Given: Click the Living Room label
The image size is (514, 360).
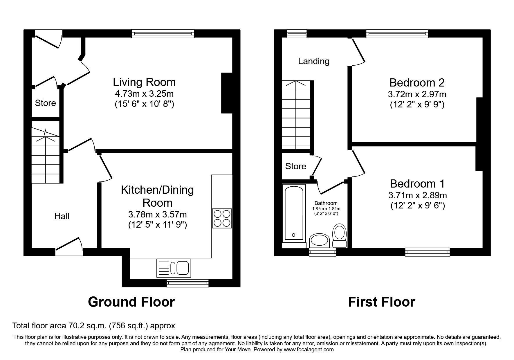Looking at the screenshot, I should point(144,82).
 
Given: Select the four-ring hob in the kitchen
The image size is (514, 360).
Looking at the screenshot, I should point(222,218).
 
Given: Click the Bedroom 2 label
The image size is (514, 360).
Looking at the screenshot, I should point(417,83).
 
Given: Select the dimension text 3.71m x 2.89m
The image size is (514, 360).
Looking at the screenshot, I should point(417,195).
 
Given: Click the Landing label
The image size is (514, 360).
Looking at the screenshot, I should point(314,61).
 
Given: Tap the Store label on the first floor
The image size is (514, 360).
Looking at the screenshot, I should point(295,166).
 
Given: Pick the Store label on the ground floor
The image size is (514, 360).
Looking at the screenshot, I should point(45,103).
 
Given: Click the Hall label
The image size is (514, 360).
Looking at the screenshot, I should point(62,216).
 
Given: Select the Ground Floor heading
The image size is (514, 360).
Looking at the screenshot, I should point(131,302).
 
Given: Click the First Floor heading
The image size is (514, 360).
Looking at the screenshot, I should point(381,302).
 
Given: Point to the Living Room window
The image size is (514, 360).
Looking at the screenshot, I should point(163,34).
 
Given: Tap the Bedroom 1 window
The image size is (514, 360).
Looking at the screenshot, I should point(427,252).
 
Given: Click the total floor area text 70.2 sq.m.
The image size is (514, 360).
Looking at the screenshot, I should point(93,326).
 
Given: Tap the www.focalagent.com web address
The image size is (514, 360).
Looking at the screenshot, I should point(309,350).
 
